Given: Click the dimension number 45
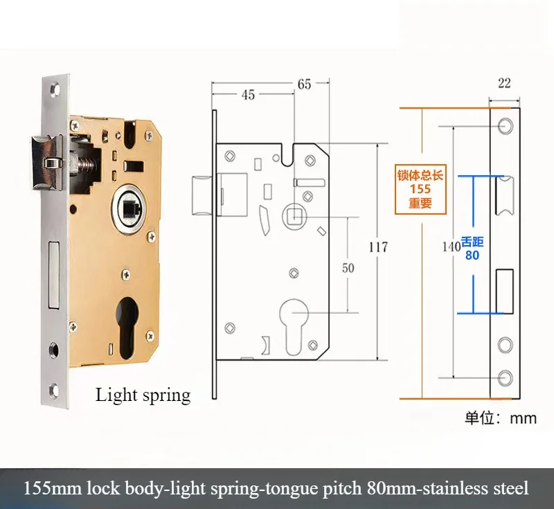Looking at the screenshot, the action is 248,95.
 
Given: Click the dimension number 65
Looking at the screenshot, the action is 304,84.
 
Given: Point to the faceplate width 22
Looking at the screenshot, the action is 504,83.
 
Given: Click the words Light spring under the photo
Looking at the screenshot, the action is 143,395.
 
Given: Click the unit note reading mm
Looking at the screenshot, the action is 523,418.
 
